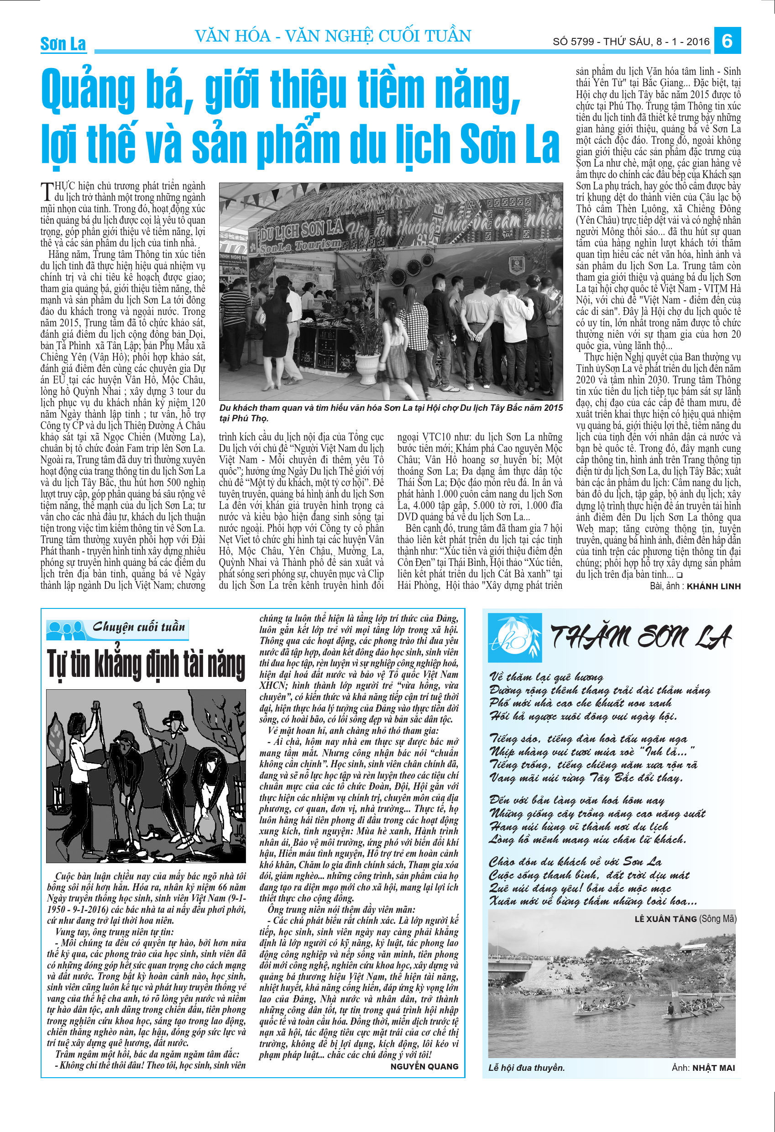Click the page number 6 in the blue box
coord(727,41)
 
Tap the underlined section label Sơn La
coord(63,44)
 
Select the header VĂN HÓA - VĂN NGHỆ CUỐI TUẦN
coord(333,36)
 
